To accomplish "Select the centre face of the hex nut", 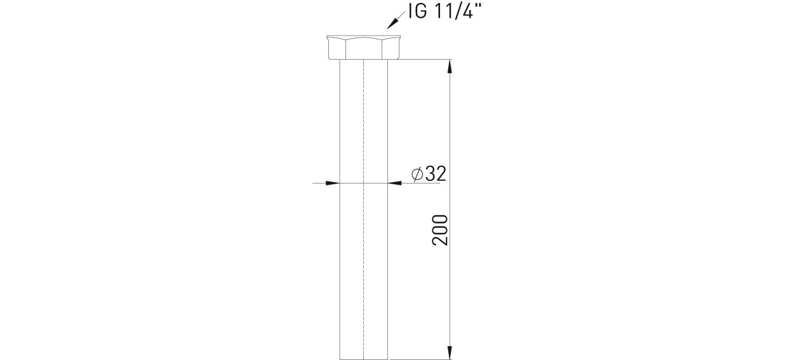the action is (x=364, y=49).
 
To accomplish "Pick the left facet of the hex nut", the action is (x=337, y=50).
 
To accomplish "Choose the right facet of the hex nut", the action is (x=391, y=50).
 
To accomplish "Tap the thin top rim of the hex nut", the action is (x=364, y=36).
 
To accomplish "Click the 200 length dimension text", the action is (x=440, y=230).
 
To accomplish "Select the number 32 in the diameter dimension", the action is (x=436, y=174).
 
